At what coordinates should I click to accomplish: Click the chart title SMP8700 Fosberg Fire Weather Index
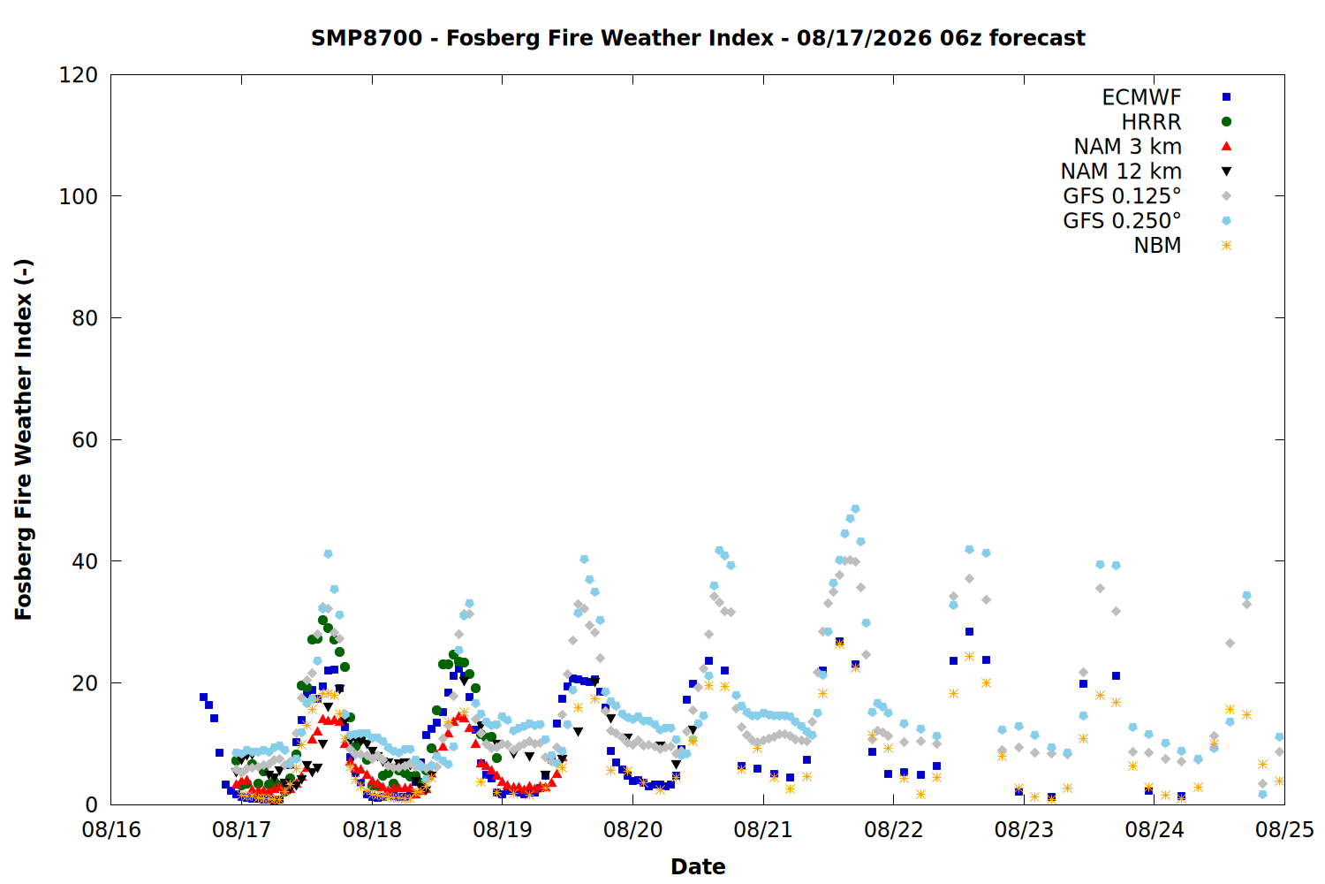click(698, 38)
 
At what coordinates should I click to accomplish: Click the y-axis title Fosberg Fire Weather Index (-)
click(24, 439)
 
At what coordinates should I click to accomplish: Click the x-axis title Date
click(698, 867)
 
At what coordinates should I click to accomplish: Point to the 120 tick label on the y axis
click(78, 75)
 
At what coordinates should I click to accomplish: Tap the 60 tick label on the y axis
click(85, 440)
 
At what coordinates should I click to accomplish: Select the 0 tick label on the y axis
click(91, 804)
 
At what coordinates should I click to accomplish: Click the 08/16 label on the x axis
click(111, 830)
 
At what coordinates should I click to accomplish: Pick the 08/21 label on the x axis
click(763, 830)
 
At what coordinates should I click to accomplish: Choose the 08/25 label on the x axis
click(1284, 830)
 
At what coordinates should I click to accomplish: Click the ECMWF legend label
click(1141, 97)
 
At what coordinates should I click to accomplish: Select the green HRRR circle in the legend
click(1226, 122)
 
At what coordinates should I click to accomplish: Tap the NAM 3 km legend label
click(1127, 146)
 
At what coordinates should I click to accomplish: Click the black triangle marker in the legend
click(1226, 171)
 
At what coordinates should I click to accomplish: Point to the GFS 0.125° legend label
click(1122, 196)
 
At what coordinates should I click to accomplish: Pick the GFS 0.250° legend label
click(1122, 221)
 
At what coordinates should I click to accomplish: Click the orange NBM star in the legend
click(1226, 246)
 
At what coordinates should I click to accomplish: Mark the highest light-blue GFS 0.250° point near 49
click(855, 509)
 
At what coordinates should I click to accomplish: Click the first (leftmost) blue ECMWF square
click(203, 697)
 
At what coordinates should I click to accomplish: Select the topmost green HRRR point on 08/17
click(322, 621)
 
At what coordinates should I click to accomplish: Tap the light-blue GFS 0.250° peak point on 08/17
click(329, 554)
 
